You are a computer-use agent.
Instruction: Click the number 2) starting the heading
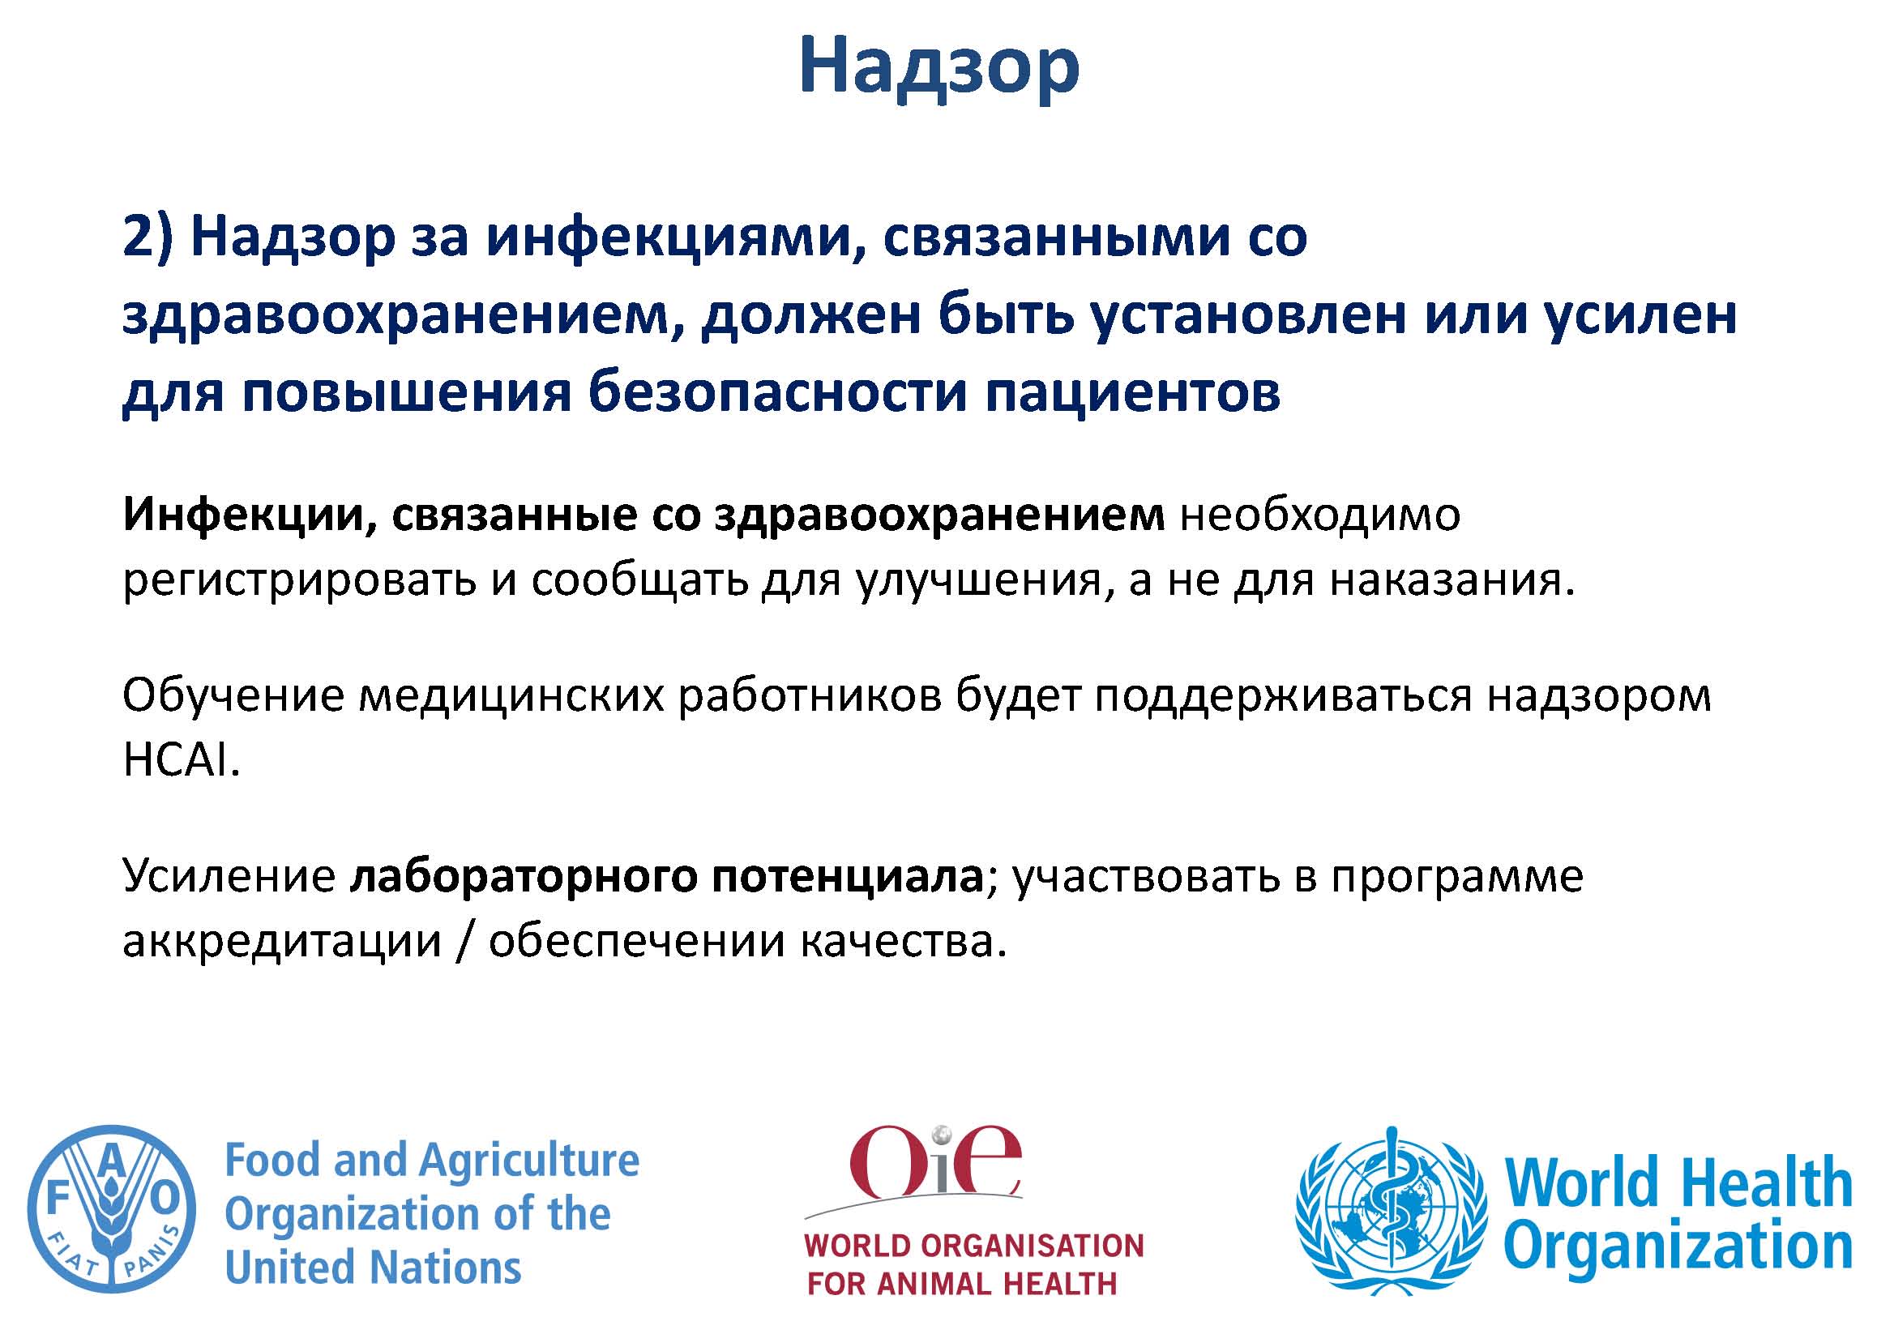coord(148,237)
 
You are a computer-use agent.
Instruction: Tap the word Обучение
coord(234,695)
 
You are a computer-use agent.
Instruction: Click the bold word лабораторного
coord(524,878)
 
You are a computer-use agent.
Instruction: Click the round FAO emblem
coord(112,1210)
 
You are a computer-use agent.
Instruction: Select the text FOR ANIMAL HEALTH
coord(962,1282)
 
